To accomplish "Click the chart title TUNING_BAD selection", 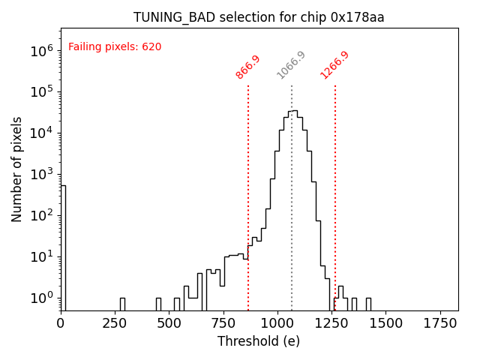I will tap(259, 17).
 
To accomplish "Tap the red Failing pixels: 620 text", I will tap(115, 47).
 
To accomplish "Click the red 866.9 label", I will tap(247, 67).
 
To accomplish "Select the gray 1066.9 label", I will tap(291, 65).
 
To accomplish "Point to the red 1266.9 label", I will tap(334, 65).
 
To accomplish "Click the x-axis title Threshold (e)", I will tap(259, 341).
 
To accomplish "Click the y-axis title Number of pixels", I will tap(17, 169).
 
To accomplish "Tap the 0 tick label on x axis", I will tap(61, 322).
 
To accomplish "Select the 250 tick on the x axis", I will tap(115, 322).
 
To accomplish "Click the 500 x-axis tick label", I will tap(169, 322).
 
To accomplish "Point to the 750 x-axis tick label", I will tap(223, 322).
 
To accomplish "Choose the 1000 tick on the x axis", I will tap(277, 322).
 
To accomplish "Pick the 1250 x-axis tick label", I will tap(331, 322).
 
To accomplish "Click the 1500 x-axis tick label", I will tap(386, 322).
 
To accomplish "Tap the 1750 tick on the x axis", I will tap(440, 322).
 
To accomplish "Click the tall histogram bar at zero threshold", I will tap(64, 247).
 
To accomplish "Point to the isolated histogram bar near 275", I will tap(122, 304).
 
